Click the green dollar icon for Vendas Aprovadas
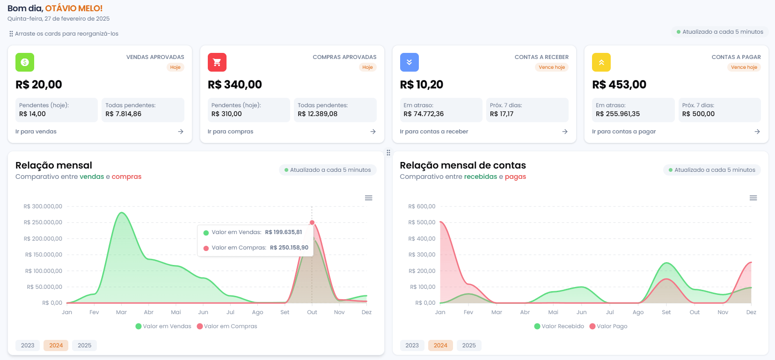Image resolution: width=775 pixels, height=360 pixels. pos(25,62)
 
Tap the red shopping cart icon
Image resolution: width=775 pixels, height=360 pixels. pos(217,62)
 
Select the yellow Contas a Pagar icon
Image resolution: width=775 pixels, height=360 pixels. pos(601,62)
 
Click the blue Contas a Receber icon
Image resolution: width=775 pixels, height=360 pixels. pos(409,62)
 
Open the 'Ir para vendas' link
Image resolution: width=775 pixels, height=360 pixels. pos(36,132)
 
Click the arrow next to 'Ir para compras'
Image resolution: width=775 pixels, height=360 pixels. pos(373,132)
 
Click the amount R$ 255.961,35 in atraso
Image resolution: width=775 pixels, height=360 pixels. pos(618,114)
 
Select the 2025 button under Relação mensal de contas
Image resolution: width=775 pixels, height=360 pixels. pos(469,345)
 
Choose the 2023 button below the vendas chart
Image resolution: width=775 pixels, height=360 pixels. pos(28,345)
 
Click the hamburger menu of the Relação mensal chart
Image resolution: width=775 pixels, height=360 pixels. pos(369,198)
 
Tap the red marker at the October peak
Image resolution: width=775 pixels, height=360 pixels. pos(312,223)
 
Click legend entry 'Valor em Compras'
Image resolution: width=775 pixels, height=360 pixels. pos(227,326)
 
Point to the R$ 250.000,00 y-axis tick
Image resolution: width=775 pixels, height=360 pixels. pos(43,222)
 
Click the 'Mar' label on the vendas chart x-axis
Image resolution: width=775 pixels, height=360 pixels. pos(121,312)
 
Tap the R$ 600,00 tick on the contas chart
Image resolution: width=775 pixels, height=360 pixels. pos(422,206)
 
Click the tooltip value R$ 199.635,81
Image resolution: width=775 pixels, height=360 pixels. pos(284,232)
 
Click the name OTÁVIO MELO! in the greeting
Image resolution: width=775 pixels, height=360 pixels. pos(74,8)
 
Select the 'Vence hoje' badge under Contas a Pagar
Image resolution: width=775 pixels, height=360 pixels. pos(744,67)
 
